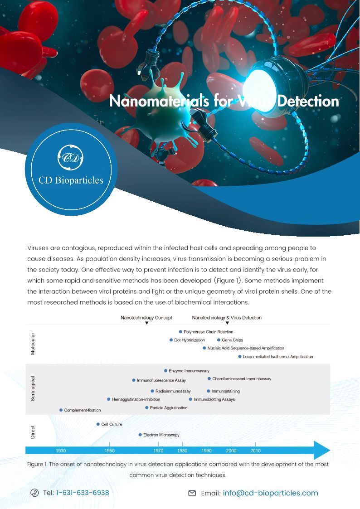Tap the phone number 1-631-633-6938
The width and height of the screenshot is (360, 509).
pos(83,493)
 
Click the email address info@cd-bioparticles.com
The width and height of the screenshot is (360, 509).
pos(270,493)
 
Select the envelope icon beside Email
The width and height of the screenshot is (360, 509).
pos(192,493)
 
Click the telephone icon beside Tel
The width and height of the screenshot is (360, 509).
pos(34,493)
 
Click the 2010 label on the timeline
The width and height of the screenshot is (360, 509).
pos(255,451)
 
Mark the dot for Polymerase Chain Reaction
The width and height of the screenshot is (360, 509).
pos(180,332)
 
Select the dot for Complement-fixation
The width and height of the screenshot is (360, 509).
pos(61,410)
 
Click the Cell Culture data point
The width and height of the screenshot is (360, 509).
pos(98,424)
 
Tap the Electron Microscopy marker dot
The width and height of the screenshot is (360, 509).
pos(140,435)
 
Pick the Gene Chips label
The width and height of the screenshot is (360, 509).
pos(232,340)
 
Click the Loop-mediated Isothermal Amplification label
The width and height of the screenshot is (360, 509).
pos(277,357)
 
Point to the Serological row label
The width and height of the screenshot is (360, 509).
pos(33,388)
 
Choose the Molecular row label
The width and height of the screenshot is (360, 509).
pos(33,344)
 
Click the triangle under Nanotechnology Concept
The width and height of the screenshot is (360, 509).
pos(146,323)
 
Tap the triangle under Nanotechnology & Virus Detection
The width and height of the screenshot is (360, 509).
pos(227,323)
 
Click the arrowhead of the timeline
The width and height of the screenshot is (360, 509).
pos(323,451)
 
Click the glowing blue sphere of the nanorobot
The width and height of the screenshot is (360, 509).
pos(262,73)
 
